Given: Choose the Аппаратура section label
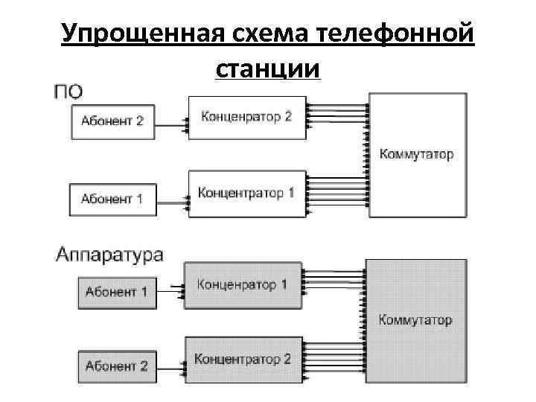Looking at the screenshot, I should coord(109,255).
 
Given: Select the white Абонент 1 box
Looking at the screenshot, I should coord(113,199).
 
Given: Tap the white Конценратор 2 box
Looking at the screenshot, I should coord(246,117).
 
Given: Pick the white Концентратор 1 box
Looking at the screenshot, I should coord(246,194).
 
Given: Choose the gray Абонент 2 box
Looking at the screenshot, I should coord(116,366).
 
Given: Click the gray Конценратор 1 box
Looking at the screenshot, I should coord(243,284).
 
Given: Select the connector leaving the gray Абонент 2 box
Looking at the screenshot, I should coord(170,366).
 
